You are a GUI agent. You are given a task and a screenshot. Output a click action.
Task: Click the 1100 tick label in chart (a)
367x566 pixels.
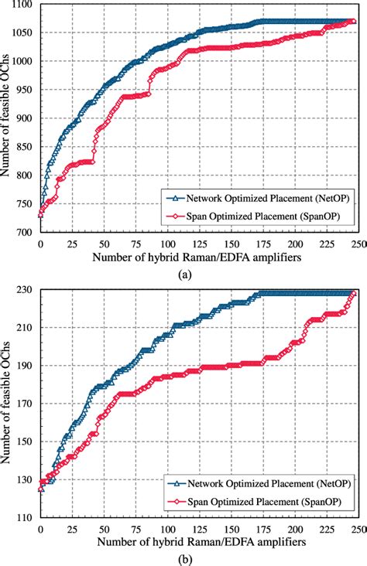pyautogui.click(x=22, y=5)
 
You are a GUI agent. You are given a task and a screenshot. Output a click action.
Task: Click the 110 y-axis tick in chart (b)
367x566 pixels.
pyautogui.click(x=26, y=517)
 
